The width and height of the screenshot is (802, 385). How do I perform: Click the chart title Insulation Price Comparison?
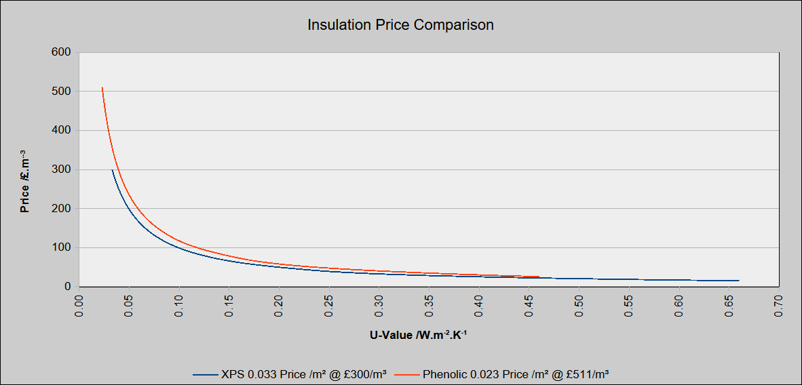tap(400, 25)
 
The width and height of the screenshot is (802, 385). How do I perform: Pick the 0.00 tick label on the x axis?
tap(79, 306)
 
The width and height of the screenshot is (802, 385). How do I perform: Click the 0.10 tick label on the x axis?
tap(178, 306)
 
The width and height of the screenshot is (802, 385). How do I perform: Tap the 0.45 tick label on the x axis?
tap(529, 306)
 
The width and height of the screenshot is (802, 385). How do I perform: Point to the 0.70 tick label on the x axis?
tap(778, 306)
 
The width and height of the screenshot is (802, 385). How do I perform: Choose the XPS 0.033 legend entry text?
tap(307, 373)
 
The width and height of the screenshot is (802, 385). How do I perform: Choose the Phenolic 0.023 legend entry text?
tap(515, 373)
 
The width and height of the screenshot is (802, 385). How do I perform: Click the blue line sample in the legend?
tap(206, 374)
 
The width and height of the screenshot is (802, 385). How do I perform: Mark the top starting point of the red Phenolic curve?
tap(102, 87)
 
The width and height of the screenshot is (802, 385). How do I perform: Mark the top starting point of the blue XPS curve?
tap(112, 169)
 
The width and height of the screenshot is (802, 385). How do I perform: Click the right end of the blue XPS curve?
tap(738, 281)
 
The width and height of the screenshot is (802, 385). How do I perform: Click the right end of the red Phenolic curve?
tap(539, 277)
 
